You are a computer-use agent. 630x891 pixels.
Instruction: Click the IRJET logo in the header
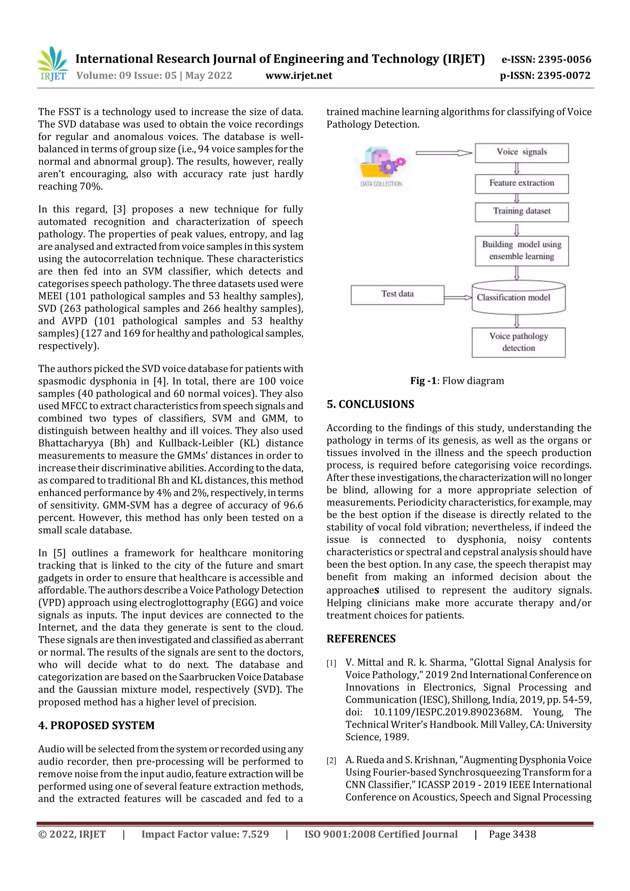[52, 64]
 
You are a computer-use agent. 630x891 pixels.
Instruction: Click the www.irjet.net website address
[298, 76]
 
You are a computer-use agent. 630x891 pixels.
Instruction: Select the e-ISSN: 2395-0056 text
[546, 59]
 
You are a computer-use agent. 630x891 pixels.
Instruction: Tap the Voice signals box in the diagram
[521, 153]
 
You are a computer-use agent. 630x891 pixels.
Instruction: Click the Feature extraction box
[521, 184]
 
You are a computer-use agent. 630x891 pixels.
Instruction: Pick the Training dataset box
[521, 212]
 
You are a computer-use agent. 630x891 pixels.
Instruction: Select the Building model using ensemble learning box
[521, 251]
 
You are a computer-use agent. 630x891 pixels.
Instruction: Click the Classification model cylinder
[518, 298]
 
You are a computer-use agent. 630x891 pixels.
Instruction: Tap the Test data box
[397, 295]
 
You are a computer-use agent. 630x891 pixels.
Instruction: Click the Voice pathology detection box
[518, 342]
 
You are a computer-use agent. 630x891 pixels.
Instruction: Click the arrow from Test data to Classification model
[458, 298]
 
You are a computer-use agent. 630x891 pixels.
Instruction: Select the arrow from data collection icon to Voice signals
[444, 153]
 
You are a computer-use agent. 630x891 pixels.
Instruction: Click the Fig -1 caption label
[423, 381]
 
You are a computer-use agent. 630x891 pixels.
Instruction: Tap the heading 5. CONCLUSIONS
[370, 404]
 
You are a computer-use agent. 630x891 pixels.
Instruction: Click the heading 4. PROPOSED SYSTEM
[96, 725]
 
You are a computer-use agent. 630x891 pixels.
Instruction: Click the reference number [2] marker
[331, 761]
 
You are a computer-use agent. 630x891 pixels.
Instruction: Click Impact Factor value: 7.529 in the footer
[205, 834]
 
